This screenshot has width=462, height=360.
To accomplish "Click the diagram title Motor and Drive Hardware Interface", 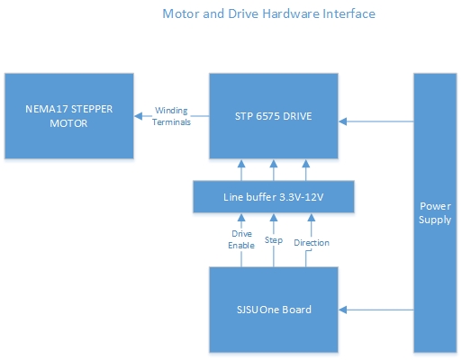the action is tap(268, 13).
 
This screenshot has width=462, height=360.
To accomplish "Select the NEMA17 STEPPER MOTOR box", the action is tap(69, 116).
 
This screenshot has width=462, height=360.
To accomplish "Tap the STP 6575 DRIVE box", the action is tap(274, 116).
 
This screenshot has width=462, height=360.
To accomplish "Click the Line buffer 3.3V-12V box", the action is tap(274, 197).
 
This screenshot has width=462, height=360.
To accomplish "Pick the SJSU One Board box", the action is tap(274, 310).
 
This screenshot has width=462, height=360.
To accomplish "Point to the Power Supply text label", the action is tap(435, 212).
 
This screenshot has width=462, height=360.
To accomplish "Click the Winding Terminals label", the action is tap(171, 116).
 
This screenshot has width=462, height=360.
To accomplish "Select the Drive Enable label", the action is tap(241, 239).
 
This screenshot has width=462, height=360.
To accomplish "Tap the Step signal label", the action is tap(274, 240).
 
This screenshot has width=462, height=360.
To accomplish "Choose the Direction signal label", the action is tap(312, 242).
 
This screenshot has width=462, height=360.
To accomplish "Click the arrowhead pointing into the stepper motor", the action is tap(139, 116).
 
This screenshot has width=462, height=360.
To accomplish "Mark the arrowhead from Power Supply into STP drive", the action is tap(343, 121).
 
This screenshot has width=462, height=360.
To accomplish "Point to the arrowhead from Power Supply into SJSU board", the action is tap(343, 310).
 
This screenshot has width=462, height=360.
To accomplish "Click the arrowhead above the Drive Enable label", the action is tap(241, 218).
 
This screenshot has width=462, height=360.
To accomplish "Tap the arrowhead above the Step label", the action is tap(274, 218).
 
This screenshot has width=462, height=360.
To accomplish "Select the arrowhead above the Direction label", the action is tap(312, 218).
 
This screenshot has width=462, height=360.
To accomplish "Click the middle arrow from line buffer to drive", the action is tap(274, 170).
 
